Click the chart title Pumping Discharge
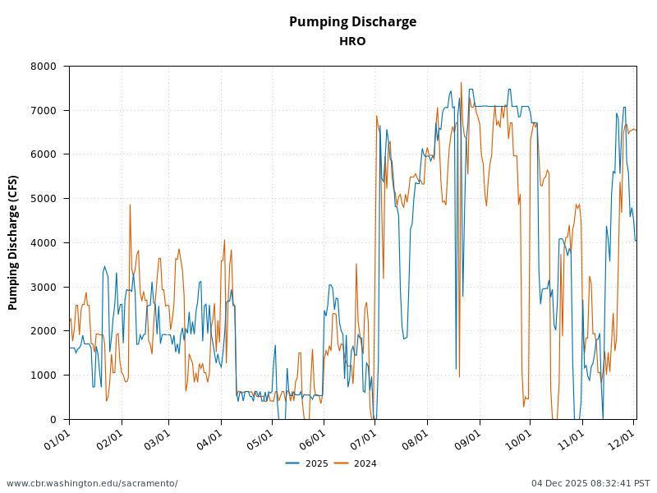coord(352,22)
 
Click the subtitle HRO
coord(352,41)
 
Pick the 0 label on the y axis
coord(53,420)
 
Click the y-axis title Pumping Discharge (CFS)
coord(13,242)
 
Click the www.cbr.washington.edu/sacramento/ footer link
coord(92,483)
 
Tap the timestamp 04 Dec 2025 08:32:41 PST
coord(590,483)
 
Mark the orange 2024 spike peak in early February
coord(130,205)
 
